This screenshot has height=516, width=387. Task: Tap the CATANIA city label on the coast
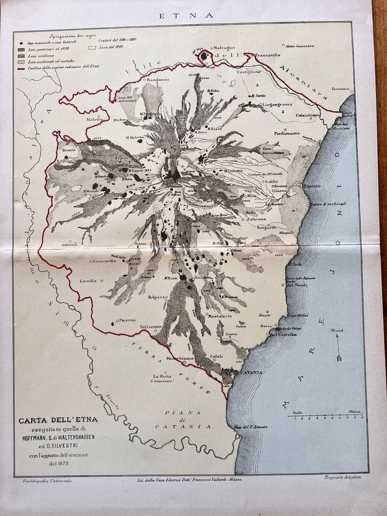coord(251,372)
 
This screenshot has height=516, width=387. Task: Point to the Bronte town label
coord(69,151)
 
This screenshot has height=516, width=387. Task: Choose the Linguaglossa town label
coord(277,104)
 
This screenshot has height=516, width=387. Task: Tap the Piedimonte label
coord(287,133)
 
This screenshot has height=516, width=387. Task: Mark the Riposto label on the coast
coord(312,186)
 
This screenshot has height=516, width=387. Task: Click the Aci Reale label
coord(296,285)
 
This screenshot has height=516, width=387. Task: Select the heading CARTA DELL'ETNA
coord(58,420)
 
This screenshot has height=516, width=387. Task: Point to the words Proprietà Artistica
coord(343,477)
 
